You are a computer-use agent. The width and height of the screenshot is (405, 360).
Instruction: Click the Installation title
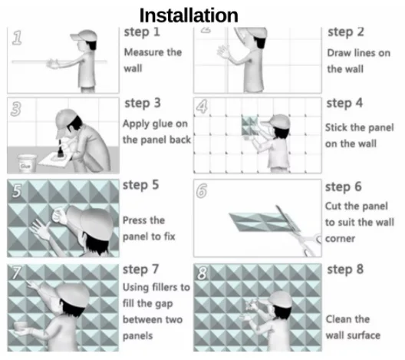pos(188,15)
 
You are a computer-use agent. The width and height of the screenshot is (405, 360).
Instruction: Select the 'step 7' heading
pos(142,269)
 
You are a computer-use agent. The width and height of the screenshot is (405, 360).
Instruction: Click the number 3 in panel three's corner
pos(17,109)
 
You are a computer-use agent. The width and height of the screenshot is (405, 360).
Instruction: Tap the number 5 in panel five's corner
pos(16,191)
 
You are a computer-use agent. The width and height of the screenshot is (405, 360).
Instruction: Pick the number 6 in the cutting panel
pos(202,191)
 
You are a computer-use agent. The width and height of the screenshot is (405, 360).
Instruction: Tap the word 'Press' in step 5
pos(138,220)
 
